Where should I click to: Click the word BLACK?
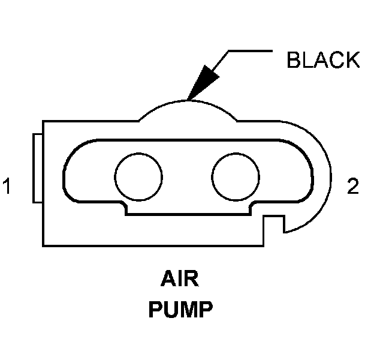323,60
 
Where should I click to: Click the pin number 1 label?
7,187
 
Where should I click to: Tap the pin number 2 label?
353,187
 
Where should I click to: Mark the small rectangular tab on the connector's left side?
37,169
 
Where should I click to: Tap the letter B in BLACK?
294,60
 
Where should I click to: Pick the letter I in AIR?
180,280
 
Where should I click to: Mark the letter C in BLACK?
337,60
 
